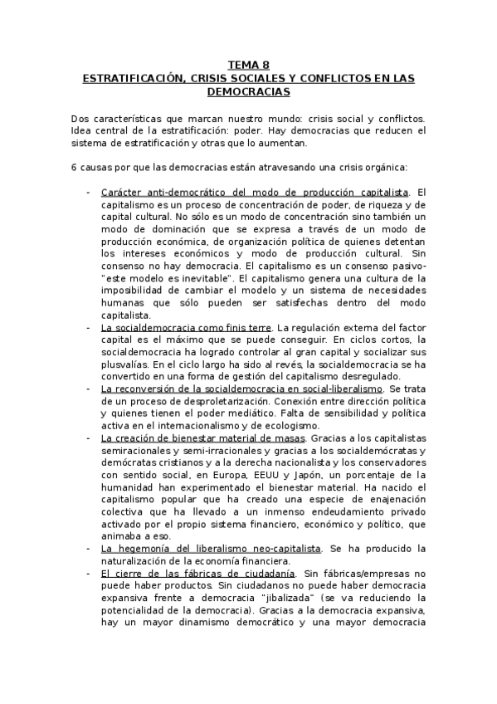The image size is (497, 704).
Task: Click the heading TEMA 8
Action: pyautogui.click(x=248, y=66)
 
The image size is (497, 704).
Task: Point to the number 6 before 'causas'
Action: pyautogui.click(x=75, y=167)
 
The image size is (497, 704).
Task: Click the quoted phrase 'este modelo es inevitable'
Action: pyautogui.click(x=170, y=279)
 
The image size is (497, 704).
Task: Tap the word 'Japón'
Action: pyautogui.click(x=324, y=476)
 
